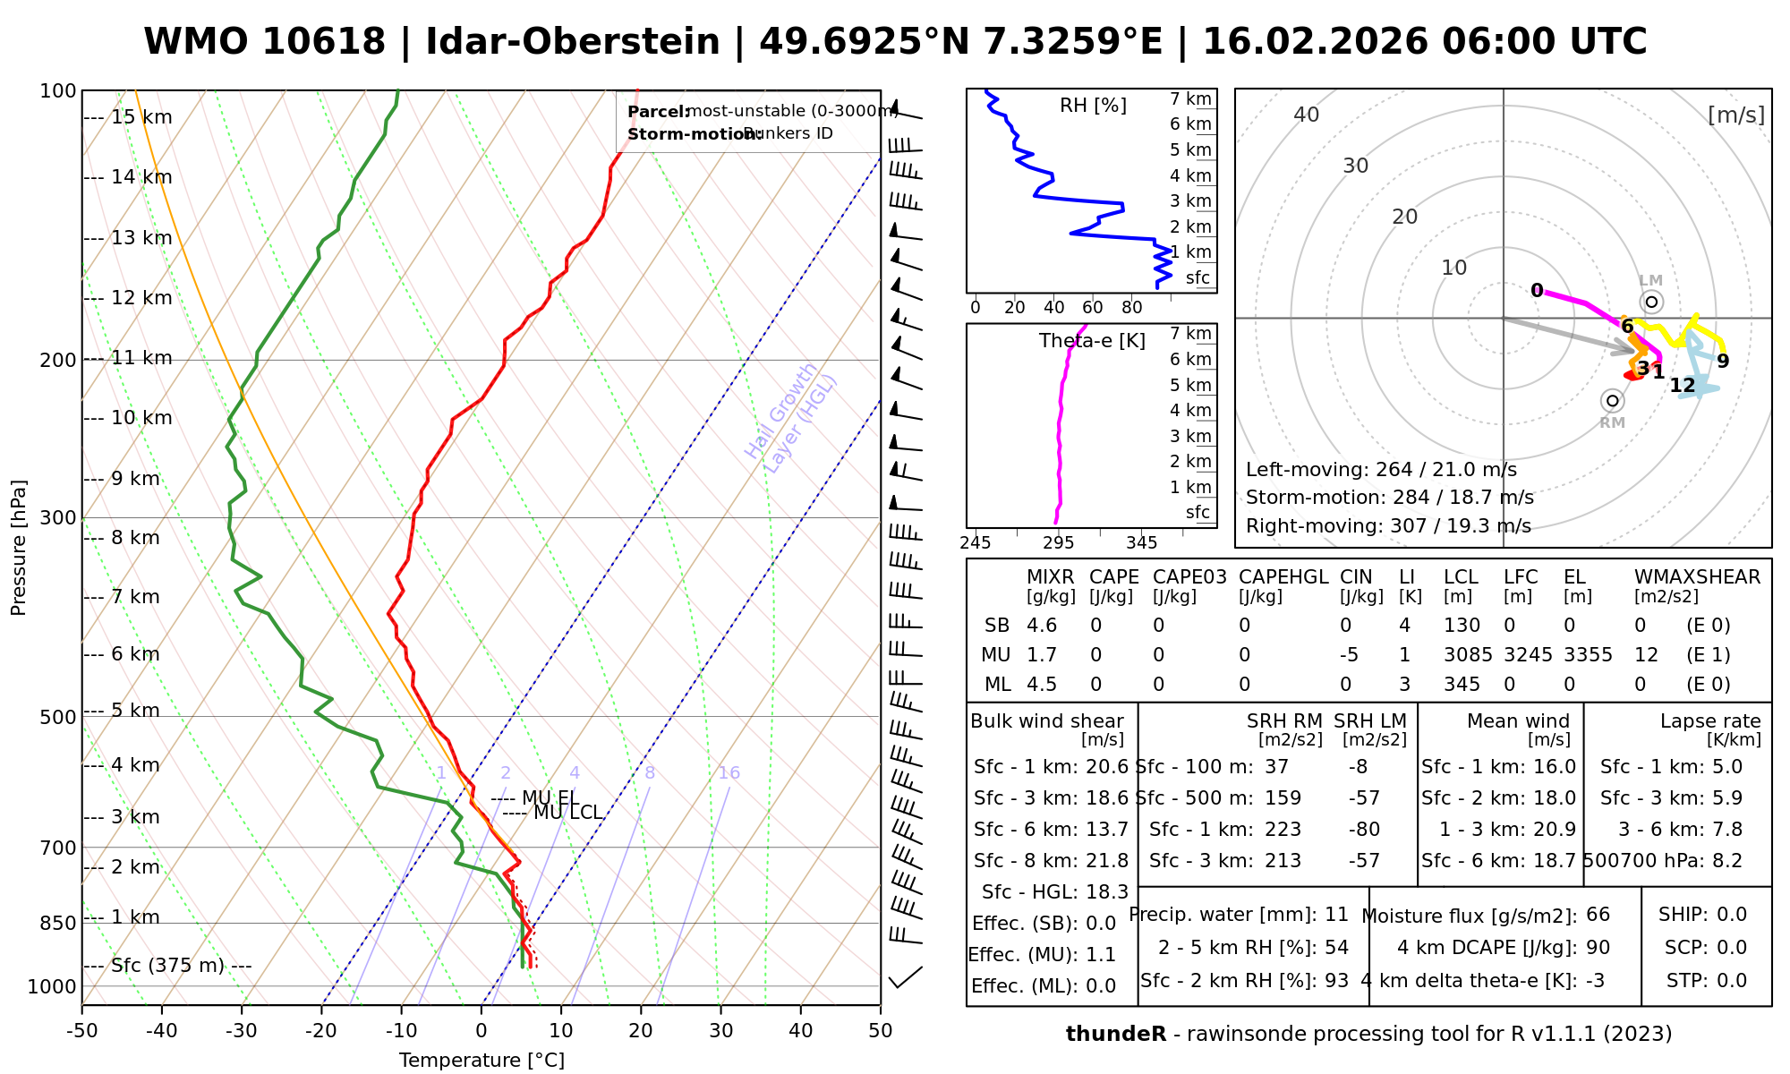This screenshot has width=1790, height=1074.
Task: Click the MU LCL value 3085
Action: click(x=1468, y=655)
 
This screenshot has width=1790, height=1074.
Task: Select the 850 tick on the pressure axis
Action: click(x=59, y=923)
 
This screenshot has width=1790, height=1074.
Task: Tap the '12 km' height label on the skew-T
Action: click(x=141, y=298)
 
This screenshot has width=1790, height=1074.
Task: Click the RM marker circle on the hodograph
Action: click(x=1613, y=401)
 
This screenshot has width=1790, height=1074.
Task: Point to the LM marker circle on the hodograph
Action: click(x=1651, y=302)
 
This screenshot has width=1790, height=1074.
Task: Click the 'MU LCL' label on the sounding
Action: click(x=567, y=813)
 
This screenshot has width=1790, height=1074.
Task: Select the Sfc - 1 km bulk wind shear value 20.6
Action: click(x=1104, y=767)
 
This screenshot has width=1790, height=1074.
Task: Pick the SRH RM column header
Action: click(x=1284, y=721)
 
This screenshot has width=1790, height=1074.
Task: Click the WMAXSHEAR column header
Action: click(x=1697, y=577)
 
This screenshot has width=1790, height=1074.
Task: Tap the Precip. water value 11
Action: click(x=1336, y=915)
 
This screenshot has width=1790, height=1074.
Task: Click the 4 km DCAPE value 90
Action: click(x=1598, y=948)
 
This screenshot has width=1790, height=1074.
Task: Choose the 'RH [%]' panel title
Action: click(x=1093, y=107)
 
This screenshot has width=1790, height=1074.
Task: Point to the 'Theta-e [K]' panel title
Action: click(x=1092, y=341)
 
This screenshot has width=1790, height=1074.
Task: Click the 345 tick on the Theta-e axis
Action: click(x=1141, y=543)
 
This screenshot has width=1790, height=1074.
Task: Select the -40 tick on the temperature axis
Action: click(x=162, y=1031)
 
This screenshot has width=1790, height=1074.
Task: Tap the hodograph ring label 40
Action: click(x=1307, y=115)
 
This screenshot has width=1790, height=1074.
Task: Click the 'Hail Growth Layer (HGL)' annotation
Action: click(x=791, y=412)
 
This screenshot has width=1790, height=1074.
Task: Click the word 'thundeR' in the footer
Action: click(x=1116, y=1035)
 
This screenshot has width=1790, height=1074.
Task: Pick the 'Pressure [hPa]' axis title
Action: click(x=19, y=548)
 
